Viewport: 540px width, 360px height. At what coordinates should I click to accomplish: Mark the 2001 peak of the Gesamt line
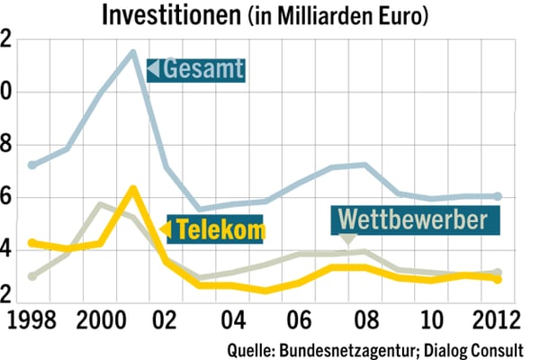(x=133, y=52)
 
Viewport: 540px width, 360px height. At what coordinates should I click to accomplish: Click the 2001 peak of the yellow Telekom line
(x=133, y=189)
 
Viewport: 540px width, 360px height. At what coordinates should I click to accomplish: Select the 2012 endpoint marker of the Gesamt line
(x=498, y=196)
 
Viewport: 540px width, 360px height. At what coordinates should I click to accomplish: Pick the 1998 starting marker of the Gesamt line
(x=32, y=165)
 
